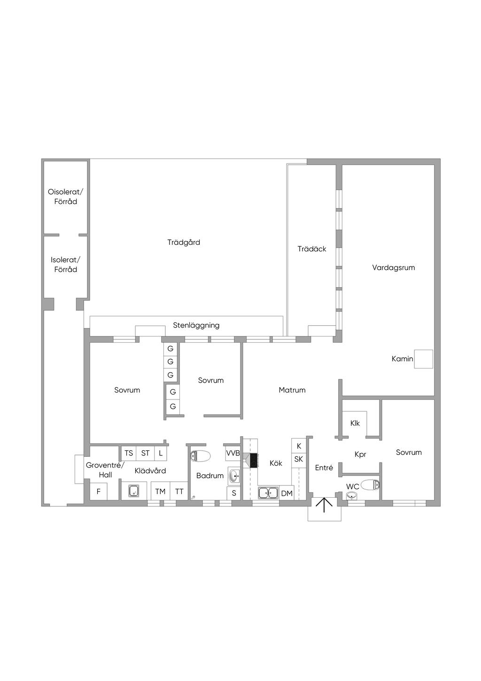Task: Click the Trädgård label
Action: pyautogui.click(x=184, y=243)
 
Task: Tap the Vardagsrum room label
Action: pyautogui.click(x=393, y=268)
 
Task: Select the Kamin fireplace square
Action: pyautogui.click(x=424, y=359)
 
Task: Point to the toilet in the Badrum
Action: pyautogui.click(x=201, y=456)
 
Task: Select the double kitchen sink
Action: pyautogui.click(x=268, y=493)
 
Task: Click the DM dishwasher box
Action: pyautogui.click(x=287, y=493)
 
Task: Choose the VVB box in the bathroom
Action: pyautogui.click(x=233, y=453)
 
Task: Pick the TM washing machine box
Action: pyautogui.click(x=161, y=491)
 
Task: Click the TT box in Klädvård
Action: pyautogui.click(x=179, y=491)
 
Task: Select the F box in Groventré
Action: pyautogui.click(x=99, y=491)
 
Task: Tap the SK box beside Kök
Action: pyautogui.click(x=299, y=459)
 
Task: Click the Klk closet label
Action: pyautogui.click(x=355, y=423)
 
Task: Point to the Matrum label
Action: pyautogui.click(x=292, y=390)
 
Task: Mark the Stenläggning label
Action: pyautogui.click(x=196, y=326)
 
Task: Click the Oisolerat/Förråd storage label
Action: pyautogui.click(x=65, y=197)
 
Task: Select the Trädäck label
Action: pyautogui.click(x=312, y=249)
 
